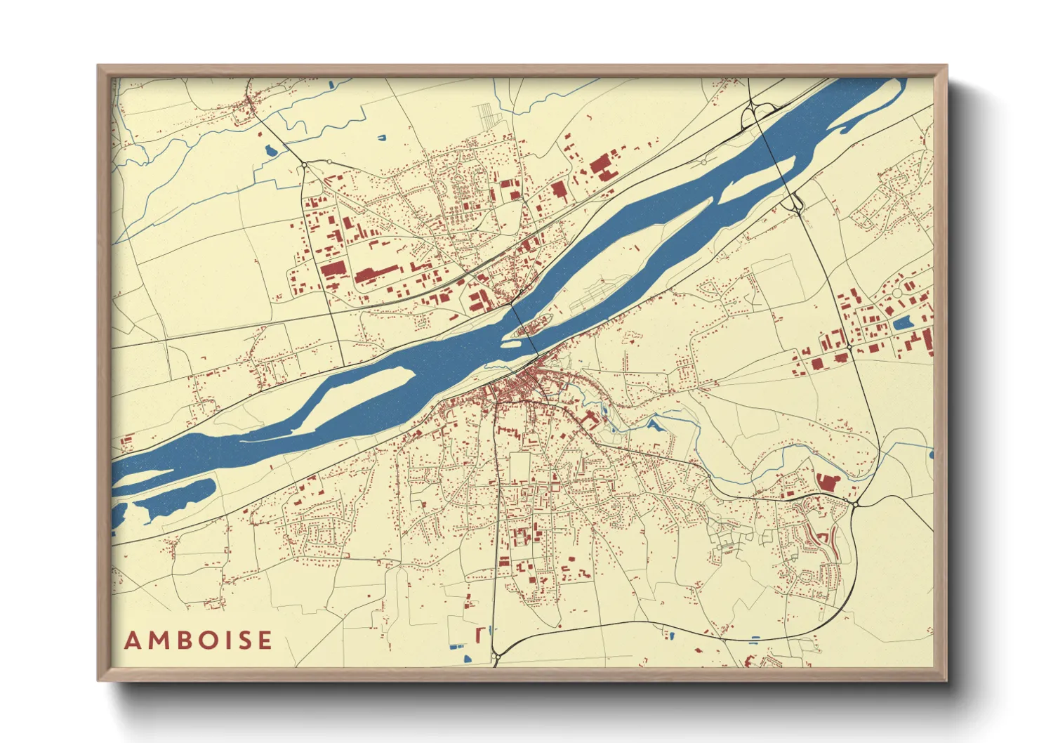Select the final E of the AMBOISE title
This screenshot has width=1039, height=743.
coord(264,640)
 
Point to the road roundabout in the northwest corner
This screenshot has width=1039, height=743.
coord(303,164)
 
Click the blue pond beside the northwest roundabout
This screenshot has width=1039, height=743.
coord(270,150)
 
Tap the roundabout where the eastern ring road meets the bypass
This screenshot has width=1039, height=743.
coord(856,504)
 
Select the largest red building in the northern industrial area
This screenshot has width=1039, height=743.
coord(601,167)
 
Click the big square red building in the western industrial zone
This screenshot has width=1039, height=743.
coord(333,269)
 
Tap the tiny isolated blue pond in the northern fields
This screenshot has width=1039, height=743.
coord(382,137)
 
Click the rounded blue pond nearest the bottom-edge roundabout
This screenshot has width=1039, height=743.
coord(467,658)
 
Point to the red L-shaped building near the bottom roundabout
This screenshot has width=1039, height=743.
coord(479,634)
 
